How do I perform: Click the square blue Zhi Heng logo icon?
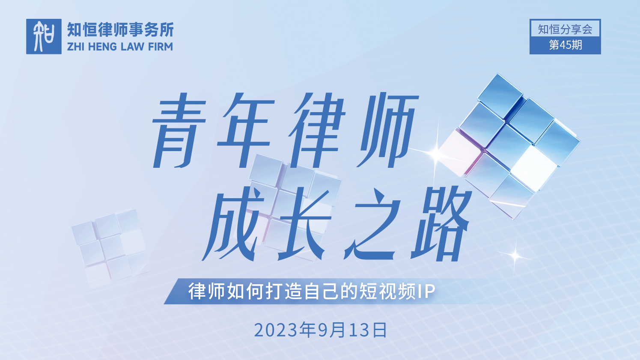tap(44, 36)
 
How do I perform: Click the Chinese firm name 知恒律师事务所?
tap(120, 30)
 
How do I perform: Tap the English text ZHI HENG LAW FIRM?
tap(120, 47)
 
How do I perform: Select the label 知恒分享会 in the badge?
tap(565, 29)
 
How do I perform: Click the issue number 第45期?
tap(566, 45)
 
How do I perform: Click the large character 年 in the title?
tap(246, 130)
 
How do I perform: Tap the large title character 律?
tap(317, 130)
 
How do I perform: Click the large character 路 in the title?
tap(441, 223)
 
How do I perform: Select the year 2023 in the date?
tap(276, 330)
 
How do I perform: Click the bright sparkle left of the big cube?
tap(436, 153)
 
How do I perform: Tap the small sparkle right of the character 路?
tap(515, 255)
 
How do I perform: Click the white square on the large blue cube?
tap(534, 168)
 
